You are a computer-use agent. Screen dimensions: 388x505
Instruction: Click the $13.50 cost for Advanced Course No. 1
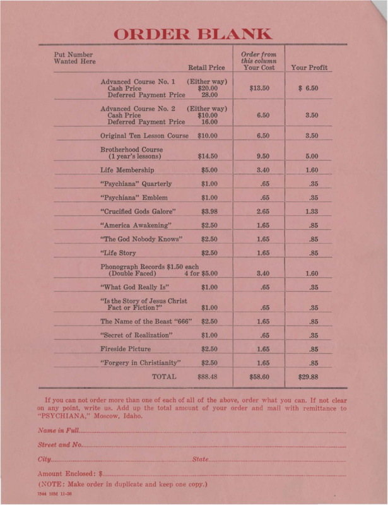(259, 88)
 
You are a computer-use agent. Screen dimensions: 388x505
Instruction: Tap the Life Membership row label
(127, 170)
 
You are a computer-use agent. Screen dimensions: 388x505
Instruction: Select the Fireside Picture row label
(130, 348)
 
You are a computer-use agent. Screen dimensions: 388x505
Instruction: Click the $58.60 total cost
(259, 377)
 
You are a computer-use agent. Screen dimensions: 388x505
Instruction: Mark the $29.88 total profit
(309, 377)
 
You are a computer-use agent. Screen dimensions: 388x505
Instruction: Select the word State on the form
(201, 456)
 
